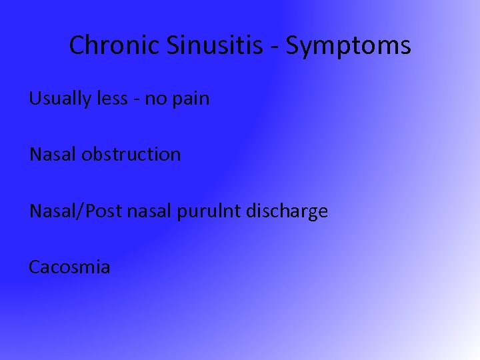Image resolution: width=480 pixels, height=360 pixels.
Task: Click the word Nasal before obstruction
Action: [53, 155]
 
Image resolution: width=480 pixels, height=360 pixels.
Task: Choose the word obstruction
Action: [131, 155]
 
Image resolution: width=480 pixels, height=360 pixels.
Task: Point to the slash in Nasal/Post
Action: [79, 211]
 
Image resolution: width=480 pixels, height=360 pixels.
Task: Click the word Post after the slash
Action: [103, 211]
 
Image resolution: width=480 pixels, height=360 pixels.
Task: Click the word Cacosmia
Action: [69, 267]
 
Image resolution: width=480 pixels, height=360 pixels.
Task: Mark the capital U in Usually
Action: [34, 99]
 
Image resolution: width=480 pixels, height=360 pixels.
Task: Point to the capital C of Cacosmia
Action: [34, 267]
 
